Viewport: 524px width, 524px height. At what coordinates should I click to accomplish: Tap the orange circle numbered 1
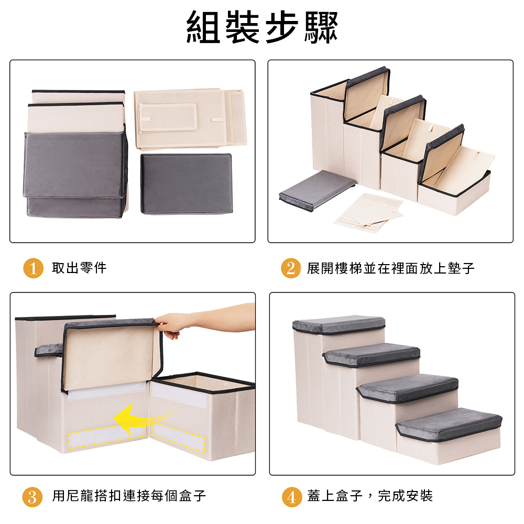coord(33,268)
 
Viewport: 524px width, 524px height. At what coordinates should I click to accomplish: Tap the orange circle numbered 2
coord(291,268)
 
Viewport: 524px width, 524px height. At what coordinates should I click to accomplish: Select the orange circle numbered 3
coord(32,497)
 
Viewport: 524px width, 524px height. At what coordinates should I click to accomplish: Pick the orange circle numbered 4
coord(292,497)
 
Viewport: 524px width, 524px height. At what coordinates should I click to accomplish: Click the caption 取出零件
coord(79,268)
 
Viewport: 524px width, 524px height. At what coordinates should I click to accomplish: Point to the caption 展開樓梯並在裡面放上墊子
coord(391,268)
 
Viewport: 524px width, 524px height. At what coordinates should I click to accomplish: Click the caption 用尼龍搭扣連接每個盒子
coord(129,496)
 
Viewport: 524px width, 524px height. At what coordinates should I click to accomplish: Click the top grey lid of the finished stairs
coord(339,324)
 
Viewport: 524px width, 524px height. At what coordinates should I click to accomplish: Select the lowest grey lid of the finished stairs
coord(449,423)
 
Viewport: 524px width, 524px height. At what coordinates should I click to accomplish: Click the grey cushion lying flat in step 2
coord(317,190)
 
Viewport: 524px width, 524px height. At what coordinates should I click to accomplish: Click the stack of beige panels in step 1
coord(191,118)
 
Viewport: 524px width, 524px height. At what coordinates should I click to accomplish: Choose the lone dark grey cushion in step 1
coord(187,183)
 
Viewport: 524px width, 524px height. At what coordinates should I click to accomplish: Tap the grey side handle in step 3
coord(48,350)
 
